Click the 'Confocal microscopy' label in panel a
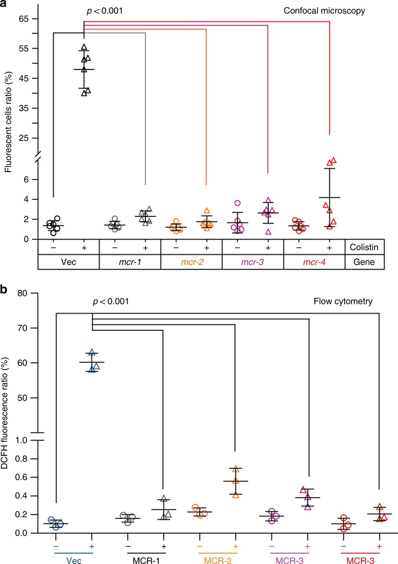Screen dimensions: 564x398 click(324, 11)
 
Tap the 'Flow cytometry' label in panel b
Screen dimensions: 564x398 click(343, 301)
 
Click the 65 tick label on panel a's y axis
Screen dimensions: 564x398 click(23, 19)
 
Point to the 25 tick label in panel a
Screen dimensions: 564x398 click(23, 138)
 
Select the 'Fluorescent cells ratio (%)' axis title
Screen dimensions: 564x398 click(8, 122)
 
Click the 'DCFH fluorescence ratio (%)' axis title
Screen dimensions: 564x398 click(5, 413)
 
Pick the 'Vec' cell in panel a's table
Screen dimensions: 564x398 click(68, 262)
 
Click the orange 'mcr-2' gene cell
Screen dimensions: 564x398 click(192, 262)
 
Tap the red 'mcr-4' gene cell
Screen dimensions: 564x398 click(314, 262)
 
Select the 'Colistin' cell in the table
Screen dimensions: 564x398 click(364, 247)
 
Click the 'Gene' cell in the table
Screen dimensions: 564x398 click(364, 262)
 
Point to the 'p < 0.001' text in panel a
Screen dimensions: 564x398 click(105, 11)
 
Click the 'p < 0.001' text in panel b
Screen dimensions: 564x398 click(111, 301)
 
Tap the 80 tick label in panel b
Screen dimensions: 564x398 click(22, 293)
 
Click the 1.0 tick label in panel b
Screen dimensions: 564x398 click(21, 440)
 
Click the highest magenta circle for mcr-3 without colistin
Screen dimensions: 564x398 click(238, 203)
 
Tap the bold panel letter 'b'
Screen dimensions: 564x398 click(4, 289)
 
